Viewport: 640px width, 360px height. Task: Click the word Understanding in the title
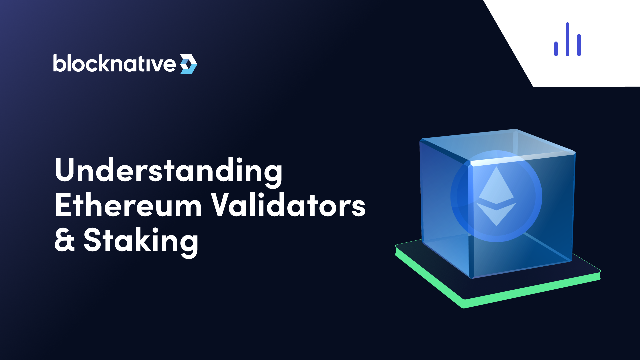click(x=168, y=171)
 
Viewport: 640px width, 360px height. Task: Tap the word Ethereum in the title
click(x=128, y=206)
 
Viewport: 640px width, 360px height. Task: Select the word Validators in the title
click(x=288, y=206)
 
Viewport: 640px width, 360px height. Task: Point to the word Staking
click(x=141, y=241)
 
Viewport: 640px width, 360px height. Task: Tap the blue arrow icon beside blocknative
click(x=189, y=64)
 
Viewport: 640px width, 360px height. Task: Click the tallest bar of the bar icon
click(x=567, y=39)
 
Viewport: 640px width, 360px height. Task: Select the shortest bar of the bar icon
click(x=556, y=49)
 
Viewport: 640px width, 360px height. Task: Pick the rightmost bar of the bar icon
click(x=579, y=45)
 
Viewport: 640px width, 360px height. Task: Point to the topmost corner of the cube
click(x=516, y=129)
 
